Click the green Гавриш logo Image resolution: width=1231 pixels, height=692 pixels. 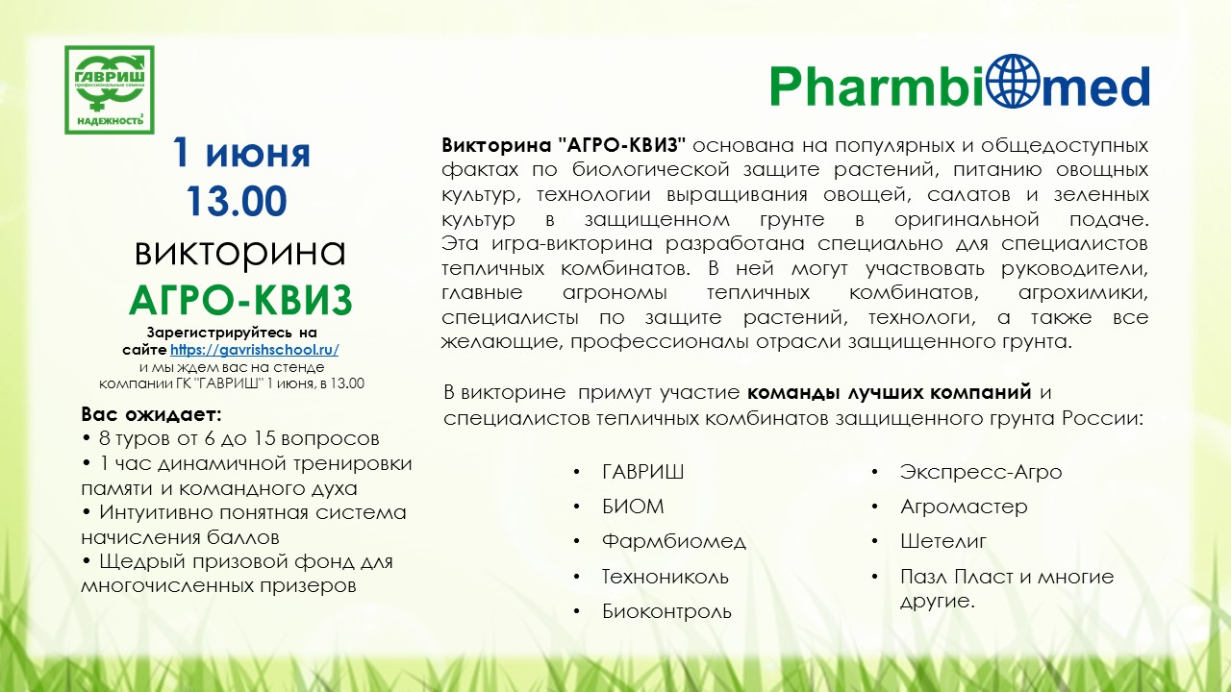pyautogui.click(x=110, y=89)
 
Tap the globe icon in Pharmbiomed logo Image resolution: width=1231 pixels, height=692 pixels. pyautogui.click(x=1013, y=81)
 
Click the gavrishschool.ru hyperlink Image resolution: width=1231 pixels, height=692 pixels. pyautogui.click(x=255, y=349)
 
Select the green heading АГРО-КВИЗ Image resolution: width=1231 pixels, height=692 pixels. pyautogui.click(x=240, y=300)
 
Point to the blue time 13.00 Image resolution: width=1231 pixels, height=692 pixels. pyautogui.click(x=237, y=201)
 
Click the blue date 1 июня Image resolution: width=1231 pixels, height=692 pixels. pyautogui.click(x=241, y=152)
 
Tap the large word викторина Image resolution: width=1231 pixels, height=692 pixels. pyautogui.click(x=240, y=253)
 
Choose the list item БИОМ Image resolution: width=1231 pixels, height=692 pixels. pyautogui.click(x=633, y=507)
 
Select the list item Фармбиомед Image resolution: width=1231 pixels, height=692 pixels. pyautogui.click(x=674, y=541)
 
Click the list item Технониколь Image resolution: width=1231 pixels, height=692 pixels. pyautogui.click(x=665, y=577)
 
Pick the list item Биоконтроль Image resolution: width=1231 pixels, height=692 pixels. pyautogui.click(x=666, y=612)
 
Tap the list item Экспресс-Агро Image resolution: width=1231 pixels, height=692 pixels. pyautogui.click(x=981, y=472)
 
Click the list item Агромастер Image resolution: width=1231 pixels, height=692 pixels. pyautogui.click(x=964, y=507)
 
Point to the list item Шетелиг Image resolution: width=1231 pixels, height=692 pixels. pyautogui.click(x=943, y=541)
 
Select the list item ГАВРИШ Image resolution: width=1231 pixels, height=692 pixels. pyautogui.click(x=643, y=472)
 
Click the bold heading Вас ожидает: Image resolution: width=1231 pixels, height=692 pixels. pyautogui.click(x=151, y=414)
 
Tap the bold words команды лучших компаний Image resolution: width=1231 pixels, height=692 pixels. pyautogui.click(x=890, y=393)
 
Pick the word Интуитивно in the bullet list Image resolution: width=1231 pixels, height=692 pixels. pyautogui.click(x=155, y=512)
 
